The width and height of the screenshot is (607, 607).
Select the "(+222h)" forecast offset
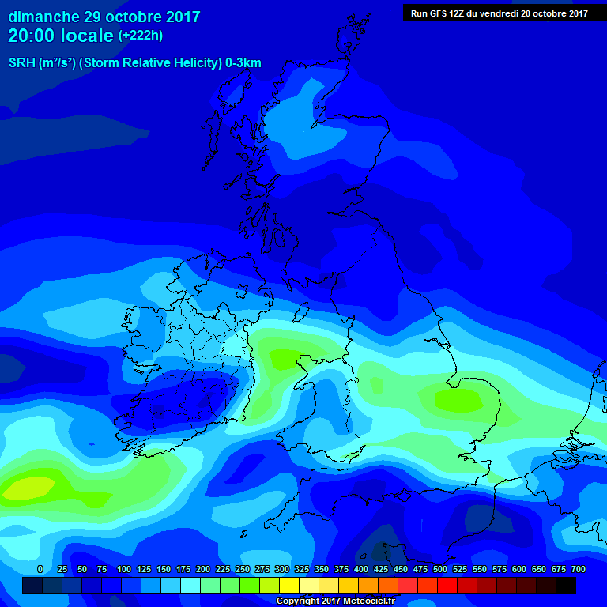point(141,36)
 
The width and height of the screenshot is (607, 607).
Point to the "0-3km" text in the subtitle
point(243,63)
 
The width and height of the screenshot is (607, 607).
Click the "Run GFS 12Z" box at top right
point(499,13)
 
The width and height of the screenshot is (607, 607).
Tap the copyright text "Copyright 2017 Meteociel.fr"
point(335,601)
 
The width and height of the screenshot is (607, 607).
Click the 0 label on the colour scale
point(40,569)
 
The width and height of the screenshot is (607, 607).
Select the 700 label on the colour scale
point(579,569)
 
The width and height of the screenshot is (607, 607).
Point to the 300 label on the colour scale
point(282,569)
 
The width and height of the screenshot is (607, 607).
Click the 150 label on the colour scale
point(164,569)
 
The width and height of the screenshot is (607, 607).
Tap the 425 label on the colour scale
point(381,569)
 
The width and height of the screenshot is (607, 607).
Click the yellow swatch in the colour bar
point(289,585)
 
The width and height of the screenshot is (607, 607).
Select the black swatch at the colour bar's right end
point(566,585)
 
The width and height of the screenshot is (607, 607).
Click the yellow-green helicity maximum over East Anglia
point(458,400)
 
